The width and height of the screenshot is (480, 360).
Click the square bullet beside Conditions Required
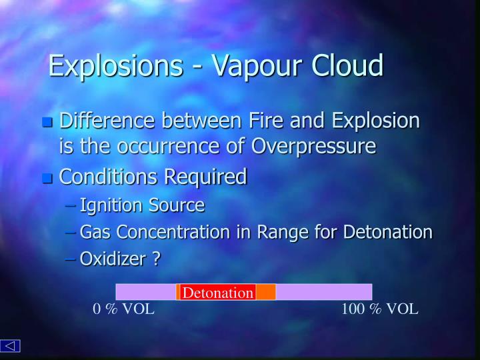click(x=47, y=178)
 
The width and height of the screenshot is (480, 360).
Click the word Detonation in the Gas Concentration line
click(x=387, y=232)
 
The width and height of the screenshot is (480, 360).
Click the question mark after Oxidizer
click(x=156, y=259)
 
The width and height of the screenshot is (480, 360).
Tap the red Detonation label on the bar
click(x=218, y=292)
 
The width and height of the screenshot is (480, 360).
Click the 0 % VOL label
click(x=123, y=309)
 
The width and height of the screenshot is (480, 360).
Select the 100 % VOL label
click(x=380, y=309)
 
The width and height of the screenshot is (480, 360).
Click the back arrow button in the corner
click(x=11, y=345)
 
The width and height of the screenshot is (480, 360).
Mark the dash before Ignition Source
click(x=71, y=205)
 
